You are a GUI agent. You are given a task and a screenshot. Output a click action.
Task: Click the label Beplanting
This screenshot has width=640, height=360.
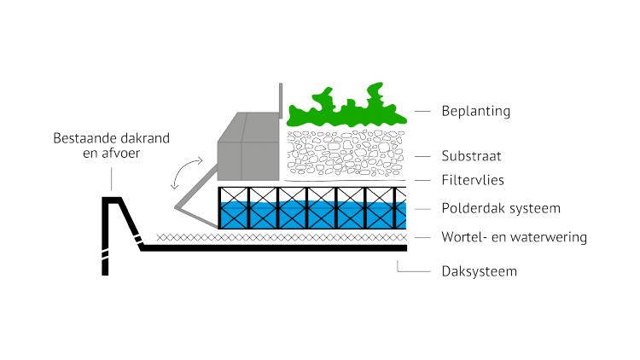tap(474, 111)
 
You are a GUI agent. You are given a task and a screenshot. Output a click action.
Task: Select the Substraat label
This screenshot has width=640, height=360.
tap(471, 156)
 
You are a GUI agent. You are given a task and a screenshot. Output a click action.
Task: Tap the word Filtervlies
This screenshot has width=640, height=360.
tap(472, 181)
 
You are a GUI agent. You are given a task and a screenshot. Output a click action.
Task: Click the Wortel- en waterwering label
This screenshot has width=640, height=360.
tap(514, 236)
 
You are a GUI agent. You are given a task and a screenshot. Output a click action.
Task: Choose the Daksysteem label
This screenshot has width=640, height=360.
tap(479, 272)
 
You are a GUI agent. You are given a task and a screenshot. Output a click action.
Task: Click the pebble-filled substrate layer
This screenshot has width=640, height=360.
tap(346, 154)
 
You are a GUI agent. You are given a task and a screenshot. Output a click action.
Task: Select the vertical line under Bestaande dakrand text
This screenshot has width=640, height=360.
tap(110, 178)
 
